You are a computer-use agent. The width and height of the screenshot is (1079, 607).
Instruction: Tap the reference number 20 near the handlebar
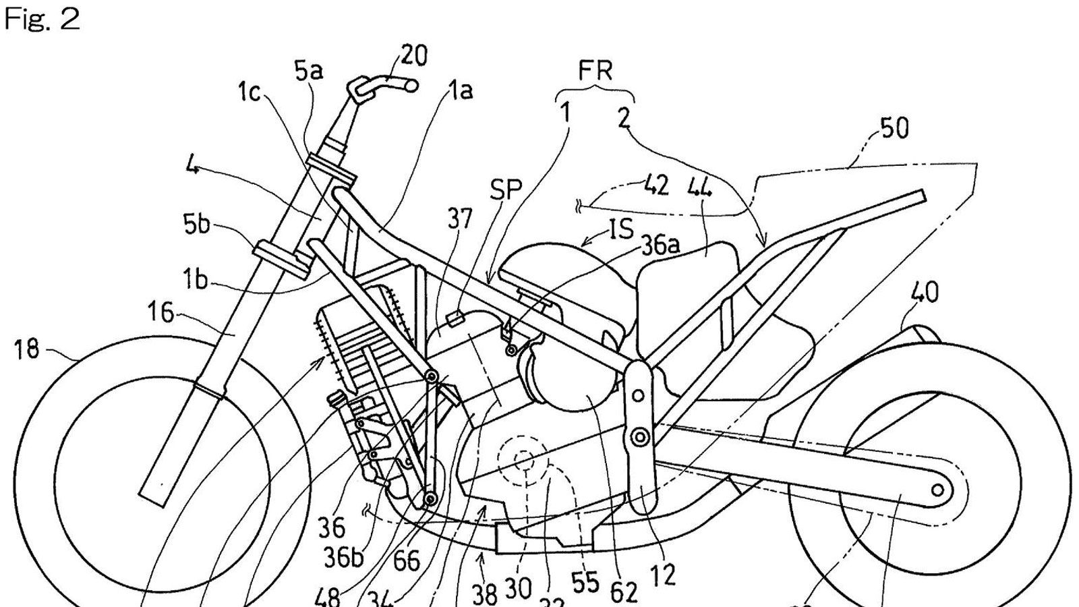tap(413, 56)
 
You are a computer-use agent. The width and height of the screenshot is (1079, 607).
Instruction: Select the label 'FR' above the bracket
tap(595, 71)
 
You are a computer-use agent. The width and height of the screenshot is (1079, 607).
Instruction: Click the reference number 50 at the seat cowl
tap(894, 128)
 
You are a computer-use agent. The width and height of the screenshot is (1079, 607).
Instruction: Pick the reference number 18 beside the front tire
tap(26, 350)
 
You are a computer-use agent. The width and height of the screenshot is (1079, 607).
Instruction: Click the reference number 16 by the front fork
tap(161, 314)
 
